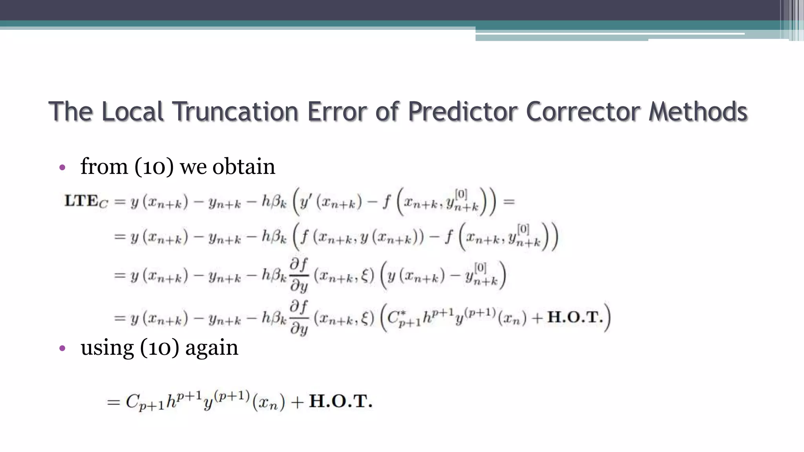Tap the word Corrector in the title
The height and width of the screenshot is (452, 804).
pyautogui.click(x=584, y=111)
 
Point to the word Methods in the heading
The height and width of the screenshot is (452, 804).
pyautogui.click(x=698, y=111)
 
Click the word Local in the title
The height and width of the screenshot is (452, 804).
pyautogui.click(x=132, y=111)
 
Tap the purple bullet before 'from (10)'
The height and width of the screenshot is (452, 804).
pyautogui.click(x=62, y=168)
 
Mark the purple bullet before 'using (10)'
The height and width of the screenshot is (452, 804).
pyautogui.click(x=62, y=348)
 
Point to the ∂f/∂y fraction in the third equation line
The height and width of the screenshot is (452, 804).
pyautogui.click(x=299, y=275)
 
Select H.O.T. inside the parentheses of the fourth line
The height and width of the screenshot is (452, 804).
pyautogui.click(x=575, y=317)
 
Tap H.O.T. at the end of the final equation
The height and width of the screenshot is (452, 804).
pyautogui.click(x=340, y=401)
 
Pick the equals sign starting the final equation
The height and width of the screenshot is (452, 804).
pyautogui.click(x=113, y=402)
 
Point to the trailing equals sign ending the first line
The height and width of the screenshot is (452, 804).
pyautogui.click(x=509, y=202)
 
